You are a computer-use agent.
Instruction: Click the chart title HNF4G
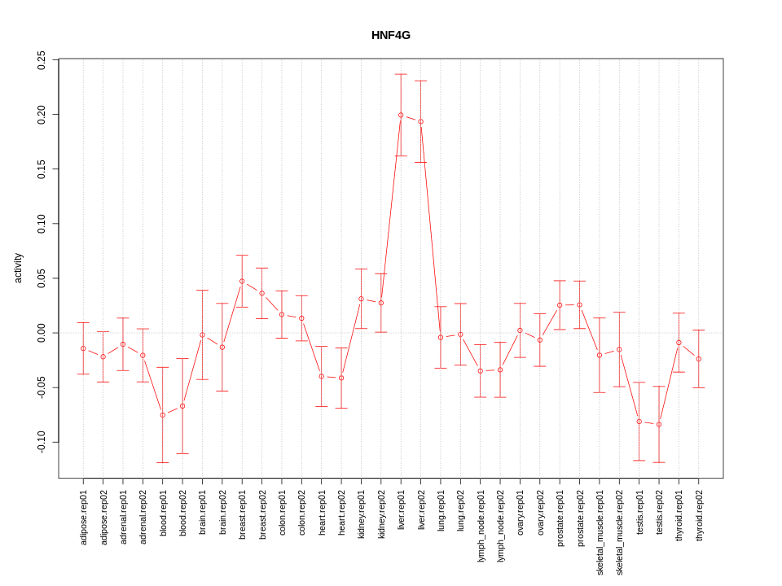[x=390, y=35]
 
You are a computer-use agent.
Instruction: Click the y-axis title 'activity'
[x=18, y=268]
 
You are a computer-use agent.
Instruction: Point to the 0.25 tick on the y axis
[x=42, y=60]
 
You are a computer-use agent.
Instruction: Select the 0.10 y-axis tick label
[x=42, y=224]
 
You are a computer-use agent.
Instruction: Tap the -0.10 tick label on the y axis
[x=42, y=442]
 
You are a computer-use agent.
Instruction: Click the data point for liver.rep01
[x=401, y=115]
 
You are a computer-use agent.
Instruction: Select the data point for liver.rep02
[x=420, y=121]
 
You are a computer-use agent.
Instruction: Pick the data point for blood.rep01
[x=163, y=415]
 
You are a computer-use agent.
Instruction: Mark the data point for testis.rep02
[x=659, y=425]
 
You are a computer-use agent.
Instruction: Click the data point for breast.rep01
[x=242, y=281]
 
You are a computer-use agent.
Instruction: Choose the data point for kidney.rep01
[x=361, y=299]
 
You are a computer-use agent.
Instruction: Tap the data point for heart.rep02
[x=341, y=378]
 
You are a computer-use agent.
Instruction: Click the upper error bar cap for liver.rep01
[x=401, y=74]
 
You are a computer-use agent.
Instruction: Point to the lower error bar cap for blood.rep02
[x=182, y=453]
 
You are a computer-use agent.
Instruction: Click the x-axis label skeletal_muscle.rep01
[x=600, y=532]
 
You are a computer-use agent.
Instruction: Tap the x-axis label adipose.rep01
[x=83, y=517]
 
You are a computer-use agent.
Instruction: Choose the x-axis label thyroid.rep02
[x=699, y=515]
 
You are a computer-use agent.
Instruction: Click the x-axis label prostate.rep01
[x=560, y=518]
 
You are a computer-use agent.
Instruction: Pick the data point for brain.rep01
[x=202, y=335]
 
